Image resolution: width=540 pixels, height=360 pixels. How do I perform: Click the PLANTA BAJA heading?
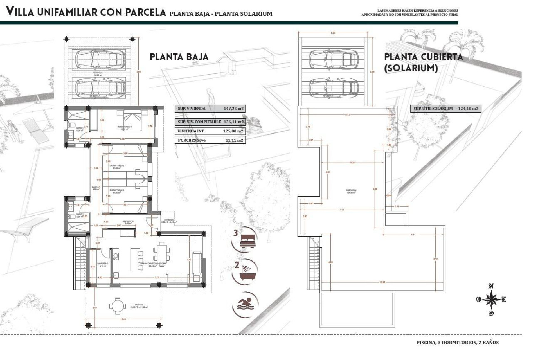point(179,57)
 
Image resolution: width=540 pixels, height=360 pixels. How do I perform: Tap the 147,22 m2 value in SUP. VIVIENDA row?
point(233,109)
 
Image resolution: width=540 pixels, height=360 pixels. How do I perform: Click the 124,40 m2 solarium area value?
point(468,109)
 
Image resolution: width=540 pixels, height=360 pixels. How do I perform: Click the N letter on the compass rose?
point(491,286)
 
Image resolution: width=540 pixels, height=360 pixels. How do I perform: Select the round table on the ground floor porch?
point(116,305)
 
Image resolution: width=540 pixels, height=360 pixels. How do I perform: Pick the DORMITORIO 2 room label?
point(117,165)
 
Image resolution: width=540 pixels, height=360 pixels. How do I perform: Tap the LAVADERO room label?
point(102,264)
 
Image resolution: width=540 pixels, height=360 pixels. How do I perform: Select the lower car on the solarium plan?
point(334,87)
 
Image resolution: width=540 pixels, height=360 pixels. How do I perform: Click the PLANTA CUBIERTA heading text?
point(423,57)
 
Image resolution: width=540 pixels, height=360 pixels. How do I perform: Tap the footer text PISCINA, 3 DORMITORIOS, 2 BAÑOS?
point(457,343)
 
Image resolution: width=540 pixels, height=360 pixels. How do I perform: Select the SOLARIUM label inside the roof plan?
point(351,190)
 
